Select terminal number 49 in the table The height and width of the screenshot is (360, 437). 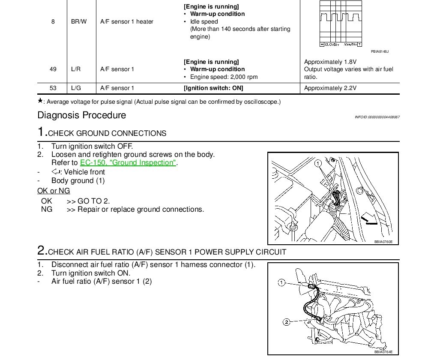[x=53, y=69]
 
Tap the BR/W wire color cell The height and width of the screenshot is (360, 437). [x=79, y=21]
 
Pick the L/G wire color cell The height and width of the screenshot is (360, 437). [x=76, y=88]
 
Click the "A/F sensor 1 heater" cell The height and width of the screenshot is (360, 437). [x=127, y=21]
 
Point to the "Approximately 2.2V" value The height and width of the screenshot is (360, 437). [x=330, y=88]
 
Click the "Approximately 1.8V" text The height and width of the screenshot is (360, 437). [x=330, y=62]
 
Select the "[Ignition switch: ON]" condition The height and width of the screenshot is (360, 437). [x=213, y=88]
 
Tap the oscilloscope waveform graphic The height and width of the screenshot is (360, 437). [x=340, y=22]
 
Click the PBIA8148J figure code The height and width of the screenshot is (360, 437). [x=380, y=51]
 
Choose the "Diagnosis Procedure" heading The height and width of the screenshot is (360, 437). [x=82, y=115]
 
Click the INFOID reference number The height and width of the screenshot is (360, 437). [x=377, y=117]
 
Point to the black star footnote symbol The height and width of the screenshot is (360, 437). [x=40, y=101]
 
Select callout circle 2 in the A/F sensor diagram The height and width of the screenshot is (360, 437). [x=287, y=321]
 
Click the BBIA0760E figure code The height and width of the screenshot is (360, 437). [x=383, y=242]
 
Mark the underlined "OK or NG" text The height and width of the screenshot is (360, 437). [x=54, y=191]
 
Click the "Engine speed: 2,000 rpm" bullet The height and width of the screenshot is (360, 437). [x=224, y=77]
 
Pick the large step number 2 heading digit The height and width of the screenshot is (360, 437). [x=42, y=250]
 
